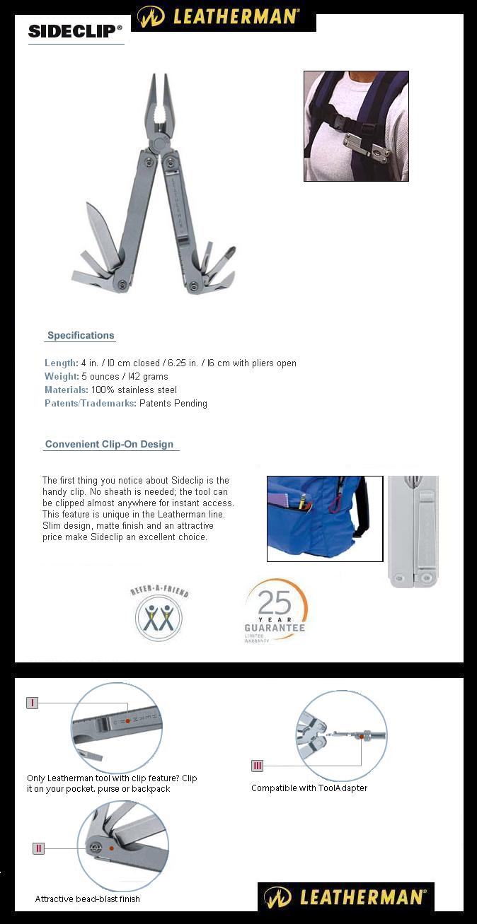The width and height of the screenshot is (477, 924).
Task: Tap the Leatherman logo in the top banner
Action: click(x=223, y=16)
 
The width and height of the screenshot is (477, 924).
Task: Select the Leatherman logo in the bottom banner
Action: click(x=345, y=897)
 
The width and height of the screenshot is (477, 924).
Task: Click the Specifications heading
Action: click(x=81, y=336)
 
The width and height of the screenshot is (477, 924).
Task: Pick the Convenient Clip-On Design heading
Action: click(x=109, y=445)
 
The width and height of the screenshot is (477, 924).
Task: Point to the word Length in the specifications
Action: click(x=61, y=363)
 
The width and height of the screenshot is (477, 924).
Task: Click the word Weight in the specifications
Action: click(x=62, y=377)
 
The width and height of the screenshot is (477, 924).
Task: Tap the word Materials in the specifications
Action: click(x=67, y=390)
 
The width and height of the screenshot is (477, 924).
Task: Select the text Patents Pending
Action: click(x=173, y=404)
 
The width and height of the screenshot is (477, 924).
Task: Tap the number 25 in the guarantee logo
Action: click(x=275, y=603)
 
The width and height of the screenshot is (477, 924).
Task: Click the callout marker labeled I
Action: click(x=32, y=703)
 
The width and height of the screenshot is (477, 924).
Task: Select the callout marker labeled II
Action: click(x=38, y=848)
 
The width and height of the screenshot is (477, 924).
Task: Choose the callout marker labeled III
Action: click(x=258, y=766)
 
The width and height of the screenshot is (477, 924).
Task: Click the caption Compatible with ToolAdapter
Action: click(x=309, y=788)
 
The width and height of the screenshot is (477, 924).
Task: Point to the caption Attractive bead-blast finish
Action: click(x=88, y=899)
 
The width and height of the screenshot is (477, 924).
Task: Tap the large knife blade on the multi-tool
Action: click(x=101, y=230)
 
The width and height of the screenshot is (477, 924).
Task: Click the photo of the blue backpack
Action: click(x=324, y=518)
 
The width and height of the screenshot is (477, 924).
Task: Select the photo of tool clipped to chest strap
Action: click(x=356, y=126)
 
